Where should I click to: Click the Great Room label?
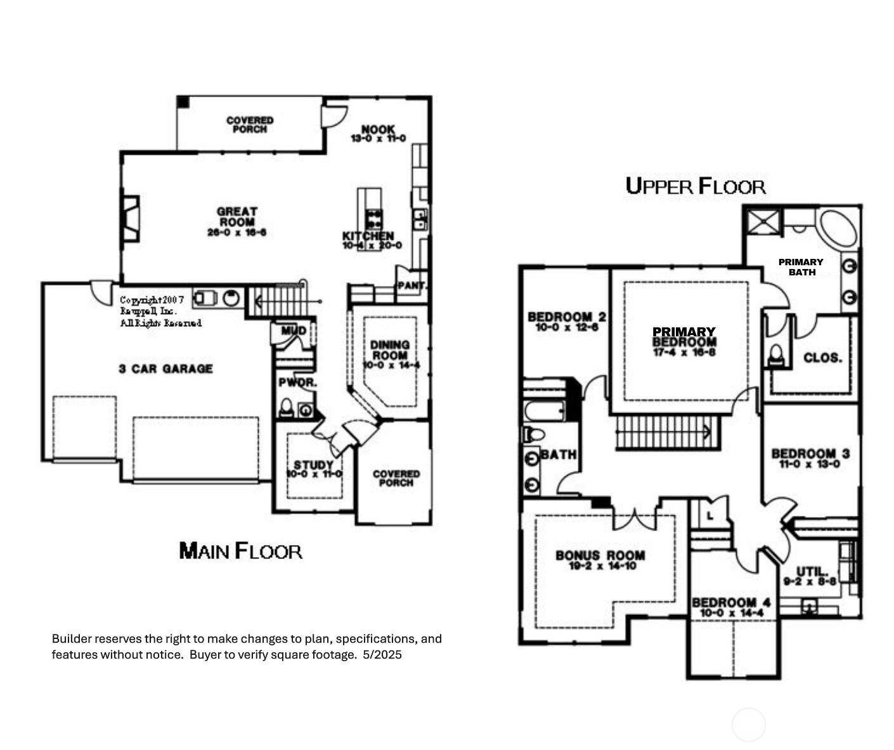pyautogui.click(x=236, y=216)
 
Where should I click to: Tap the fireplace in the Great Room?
pyautogui.click(x=130, y=219)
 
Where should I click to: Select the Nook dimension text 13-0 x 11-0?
pyautogui.click(x=378, y=138)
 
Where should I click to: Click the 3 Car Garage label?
pyautogui.click(x=165, y=369)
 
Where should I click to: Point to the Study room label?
pyautogui.click(x=313, y=466)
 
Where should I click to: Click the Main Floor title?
pyautogui.click(x=240, y=550)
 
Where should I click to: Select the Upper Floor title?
pyautogui.click(x=695, y=186)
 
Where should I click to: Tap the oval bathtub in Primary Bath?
pyautogui.click(x=838, y=229)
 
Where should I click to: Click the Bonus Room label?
pyautogui.click(x=600, y=556)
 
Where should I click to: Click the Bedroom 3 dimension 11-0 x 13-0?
pyautogui.click(x=810, y=464)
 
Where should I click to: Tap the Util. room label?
pyautogui.click(x=812, y=571)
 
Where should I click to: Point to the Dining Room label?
pyautogui.click(x=390, y=350)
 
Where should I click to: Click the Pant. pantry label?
pyautogui.click(x=411, y=286)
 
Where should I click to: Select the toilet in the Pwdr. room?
pyautogui.click(x=287, y=408)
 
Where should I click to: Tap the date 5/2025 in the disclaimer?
pyautogui.click(x=382, y=655)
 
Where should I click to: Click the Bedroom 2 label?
pyautogui.click(x=566, y=317)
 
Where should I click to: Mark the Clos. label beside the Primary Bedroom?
pyautogui.click(x=822, y=358)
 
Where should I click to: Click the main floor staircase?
pyautogui.click(x=279, y=300)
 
